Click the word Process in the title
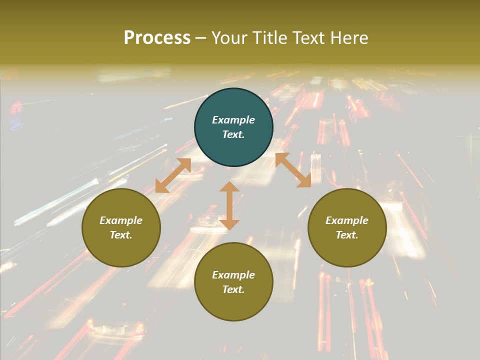(x=157, y=38)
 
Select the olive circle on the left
(x=121, y=249)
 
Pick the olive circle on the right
(x=347, y=249)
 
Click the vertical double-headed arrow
(x=229, y=205)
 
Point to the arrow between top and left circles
(x=173, y=175)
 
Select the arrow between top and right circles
(x=293, y=170)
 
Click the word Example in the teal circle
(x=233, y=120)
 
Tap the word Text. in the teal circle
(x=233, y=134)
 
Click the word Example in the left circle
(x=121, y=220)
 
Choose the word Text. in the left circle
(x=121, y=235)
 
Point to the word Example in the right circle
(x=347, y=220)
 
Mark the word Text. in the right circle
(x=347, y=235)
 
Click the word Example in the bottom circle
(x=233, y=275)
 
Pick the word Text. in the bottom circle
(x=233, y=289)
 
